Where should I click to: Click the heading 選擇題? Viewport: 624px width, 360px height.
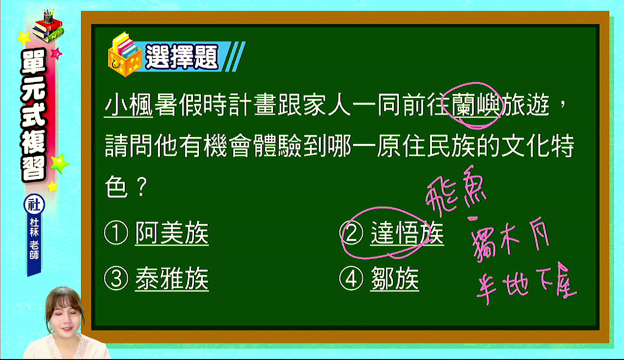click(x=182, y=57)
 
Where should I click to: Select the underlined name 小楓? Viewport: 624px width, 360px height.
click(x=129, y=105)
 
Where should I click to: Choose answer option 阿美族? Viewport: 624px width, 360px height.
click(x=172, y=233)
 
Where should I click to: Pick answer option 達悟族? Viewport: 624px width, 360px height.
click(x=407, y=233)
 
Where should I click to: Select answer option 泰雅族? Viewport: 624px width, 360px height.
click(x=172, y=279)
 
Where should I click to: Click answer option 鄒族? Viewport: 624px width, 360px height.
click(x=395, y=279)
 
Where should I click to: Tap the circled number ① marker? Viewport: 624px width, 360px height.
click(x=116, y=233)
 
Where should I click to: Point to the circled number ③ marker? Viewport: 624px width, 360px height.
click(x=116, y=279)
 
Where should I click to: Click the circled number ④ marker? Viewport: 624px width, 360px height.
click(x=351, y=279)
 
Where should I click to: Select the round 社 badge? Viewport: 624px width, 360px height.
click(x=34, y=204)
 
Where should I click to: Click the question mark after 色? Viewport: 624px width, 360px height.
click(x=142, y=187)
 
